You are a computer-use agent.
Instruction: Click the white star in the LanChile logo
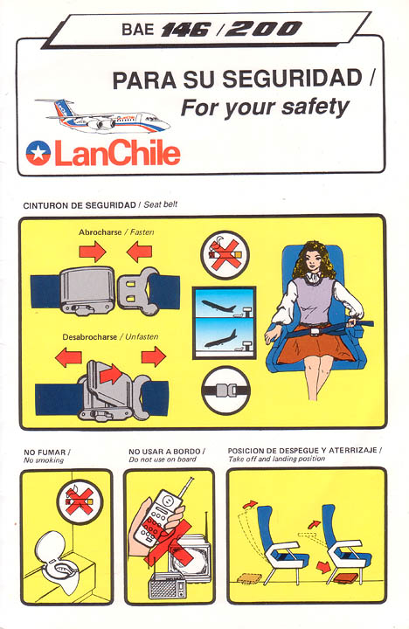[38, 152]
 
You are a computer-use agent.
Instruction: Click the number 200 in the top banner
[263, 29]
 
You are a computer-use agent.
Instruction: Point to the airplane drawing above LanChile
[103, 116]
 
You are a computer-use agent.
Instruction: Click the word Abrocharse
[100, 232]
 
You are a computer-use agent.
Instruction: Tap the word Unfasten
[142, 337]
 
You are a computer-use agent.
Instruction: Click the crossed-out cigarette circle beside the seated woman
[225, 255]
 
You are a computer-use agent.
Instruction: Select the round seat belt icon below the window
[225, 391]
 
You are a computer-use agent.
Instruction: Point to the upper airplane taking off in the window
[218, 306]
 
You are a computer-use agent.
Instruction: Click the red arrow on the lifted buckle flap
[110, 374]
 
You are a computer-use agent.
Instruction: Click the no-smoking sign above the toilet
[80, 502]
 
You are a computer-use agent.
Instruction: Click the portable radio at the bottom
[167, 585]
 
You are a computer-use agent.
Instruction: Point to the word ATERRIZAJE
[353, 450]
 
